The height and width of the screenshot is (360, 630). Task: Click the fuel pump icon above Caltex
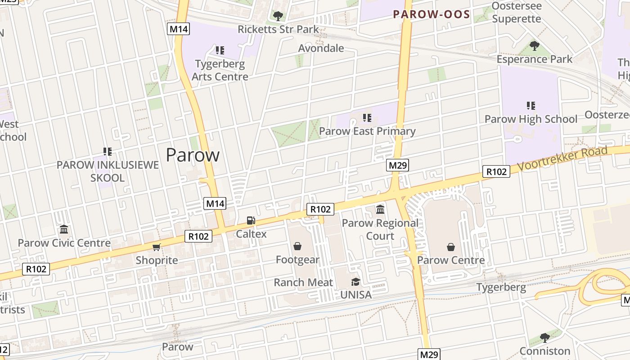(x=251, y=220)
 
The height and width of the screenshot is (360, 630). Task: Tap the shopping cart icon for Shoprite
(x=157, y=247)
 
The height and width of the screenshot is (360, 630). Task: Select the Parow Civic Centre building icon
(x=64, y=229)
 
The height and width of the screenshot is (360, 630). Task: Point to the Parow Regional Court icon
(x=380, y=209)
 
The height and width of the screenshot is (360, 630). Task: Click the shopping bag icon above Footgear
(x=297, y=246)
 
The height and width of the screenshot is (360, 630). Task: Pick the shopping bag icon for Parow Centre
(x=451, y=247)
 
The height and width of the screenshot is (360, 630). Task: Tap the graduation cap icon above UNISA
(x=356, y=282)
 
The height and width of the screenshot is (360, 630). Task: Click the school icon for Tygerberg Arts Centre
(x=220, y=50)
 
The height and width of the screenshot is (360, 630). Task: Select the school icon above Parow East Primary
(x=367, y=118)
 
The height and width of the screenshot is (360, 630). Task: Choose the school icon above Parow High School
(x=531, y=106)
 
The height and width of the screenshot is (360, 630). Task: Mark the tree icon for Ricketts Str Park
(x=278, y=16)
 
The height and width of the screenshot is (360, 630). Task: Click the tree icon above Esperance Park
(x=535, y=45)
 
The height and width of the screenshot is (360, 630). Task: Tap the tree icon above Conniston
(x=544, y=337)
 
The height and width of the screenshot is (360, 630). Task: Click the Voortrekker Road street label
(x=562, y=158)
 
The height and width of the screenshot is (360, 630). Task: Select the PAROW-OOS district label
(x=432, y=14)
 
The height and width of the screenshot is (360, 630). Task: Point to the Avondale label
(x=321, y=48)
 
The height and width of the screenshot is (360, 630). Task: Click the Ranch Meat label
(x=303, y=283)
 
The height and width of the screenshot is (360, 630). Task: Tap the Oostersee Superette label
(x=517, y=12)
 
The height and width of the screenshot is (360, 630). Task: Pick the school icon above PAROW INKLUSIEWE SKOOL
(x=107, y=152)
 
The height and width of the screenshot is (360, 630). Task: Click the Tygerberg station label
(x=501, y=287)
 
